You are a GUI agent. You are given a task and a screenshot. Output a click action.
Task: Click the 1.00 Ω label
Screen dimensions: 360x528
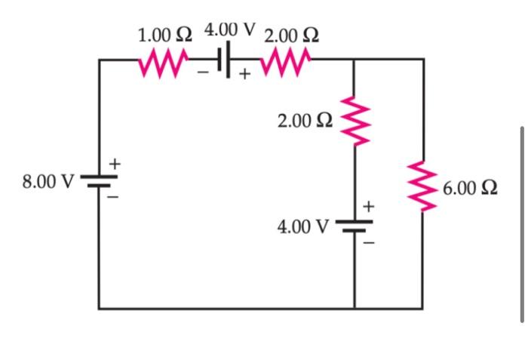point(165,35)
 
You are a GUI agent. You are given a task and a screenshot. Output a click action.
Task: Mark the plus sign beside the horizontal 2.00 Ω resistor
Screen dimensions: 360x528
point(244,74)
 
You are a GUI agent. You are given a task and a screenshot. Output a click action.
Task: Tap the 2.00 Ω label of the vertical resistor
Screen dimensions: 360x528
point(304,121)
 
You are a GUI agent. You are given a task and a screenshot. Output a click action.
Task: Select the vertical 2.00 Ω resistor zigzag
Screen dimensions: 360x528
point(354,121)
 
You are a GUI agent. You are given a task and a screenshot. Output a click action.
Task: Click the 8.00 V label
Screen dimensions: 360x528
point(48,182)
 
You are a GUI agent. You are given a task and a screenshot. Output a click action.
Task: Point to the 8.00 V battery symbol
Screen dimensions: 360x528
point(98,182)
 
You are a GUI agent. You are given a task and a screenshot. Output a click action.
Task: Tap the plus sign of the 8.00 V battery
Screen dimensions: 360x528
point(115,163)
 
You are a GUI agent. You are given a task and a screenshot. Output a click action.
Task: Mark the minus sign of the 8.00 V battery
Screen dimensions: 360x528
point(115,198)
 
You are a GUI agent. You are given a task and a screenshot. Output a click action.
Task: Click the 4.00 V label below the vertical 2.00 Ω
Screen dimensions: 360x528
point(303,226)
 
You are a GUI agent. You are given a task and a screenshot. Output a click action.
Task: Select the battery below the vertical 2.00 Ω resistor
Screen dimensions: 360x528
point(354,225)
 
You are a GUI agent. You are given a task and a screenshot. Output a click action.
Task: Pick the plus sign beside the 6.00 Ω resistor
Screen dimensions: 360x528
point(369,205)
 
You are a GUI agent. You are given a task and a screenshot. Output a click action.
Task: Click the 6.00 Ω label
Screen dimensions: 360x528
point(471,188)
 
